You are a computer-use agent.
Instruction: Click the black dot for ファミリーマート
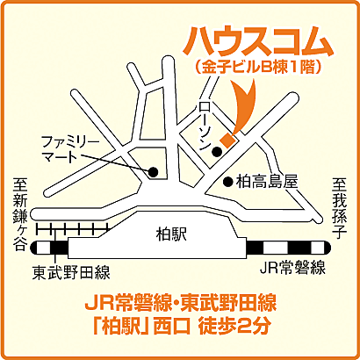[x=153, y=171]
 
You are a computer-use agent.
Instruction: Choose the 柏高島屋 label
[x=266, y=182]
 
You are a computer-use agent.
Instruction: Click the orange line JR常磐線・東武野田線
[x=180, y=306]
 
